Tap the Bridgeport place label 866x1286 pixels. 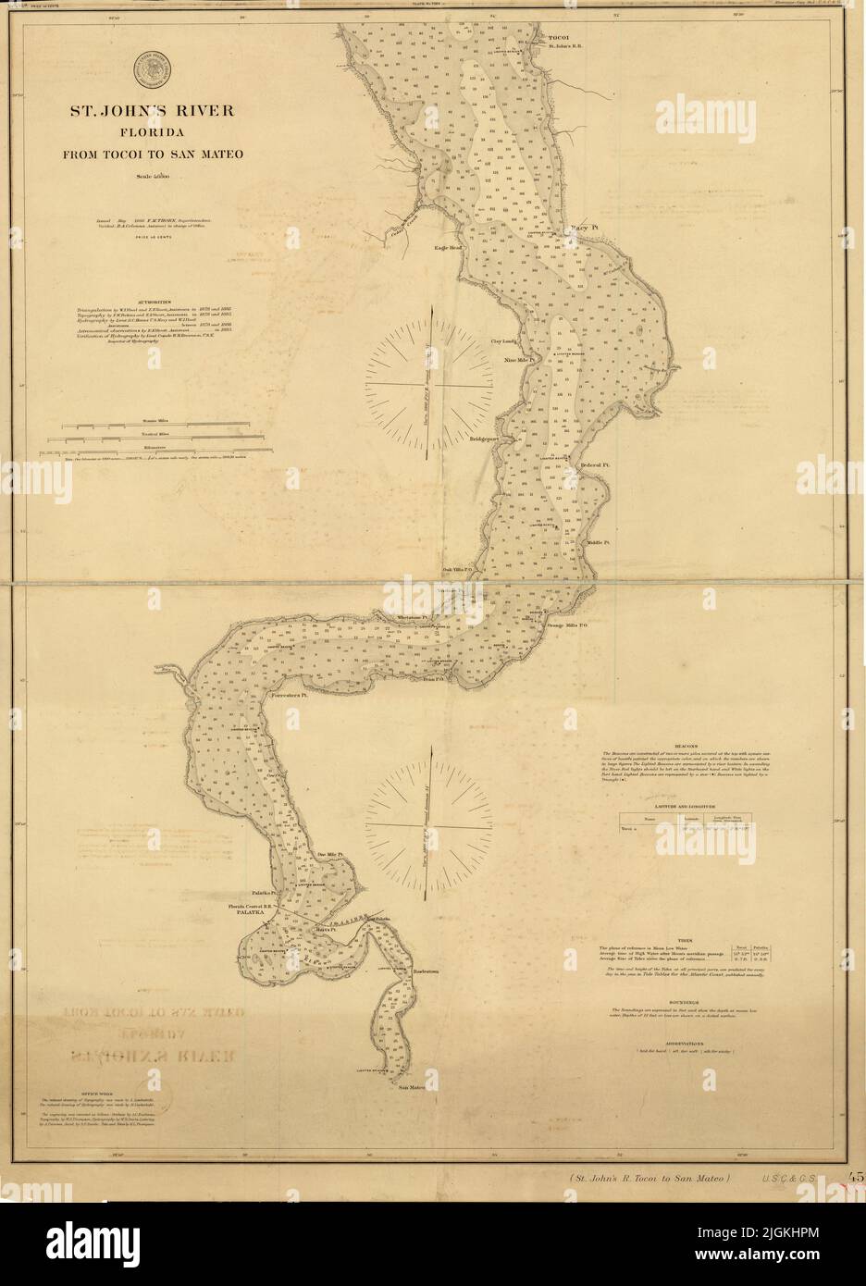coord(485,439)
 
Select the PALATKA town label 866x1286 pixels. coord(247,911)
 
